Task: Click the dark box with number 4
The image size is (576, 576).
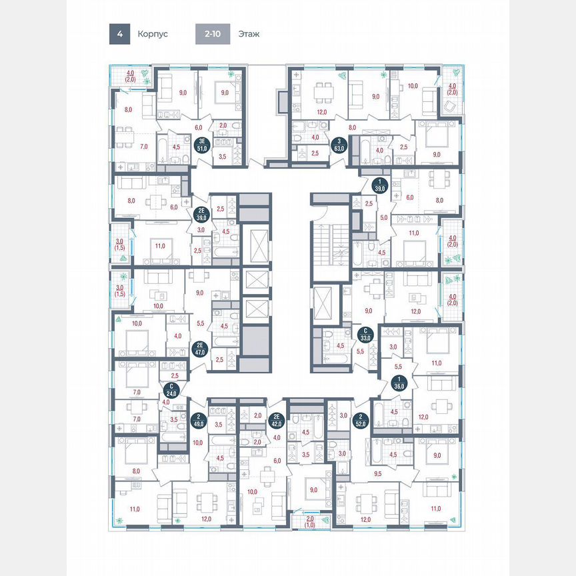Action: (x=119, y=33)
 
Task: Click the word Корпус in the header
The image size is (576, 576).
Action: (x=153, y=33)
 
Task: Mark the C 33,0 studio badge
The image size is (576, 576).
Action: (x=365, y=333)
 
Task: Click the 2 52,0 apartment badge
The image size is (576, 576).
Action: (x=362, y=418)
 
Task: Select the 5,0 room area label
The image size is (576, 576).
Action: (x=383, y=217)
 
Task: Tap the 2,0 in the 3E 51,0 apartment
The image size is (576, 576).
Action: (x=223, y=125)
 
